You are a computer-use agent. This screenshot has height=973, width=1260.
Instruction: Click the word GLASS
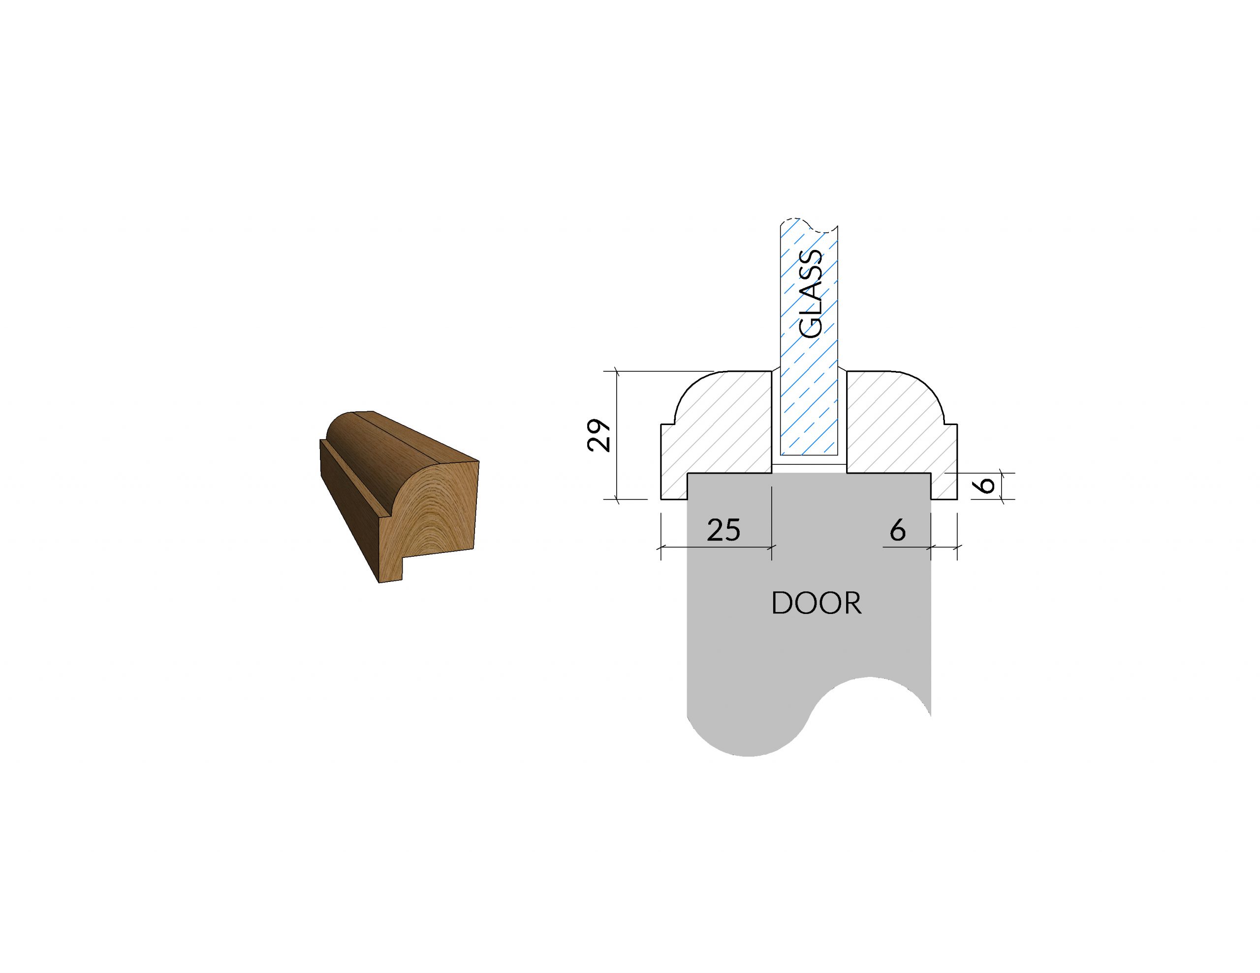(x=811, y=294)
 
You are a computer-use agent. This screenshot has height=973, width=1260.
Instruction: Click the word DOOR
(x=817, y=603)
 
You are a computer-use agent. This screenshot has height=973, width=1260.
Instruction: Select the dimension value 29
(x=599, y=435)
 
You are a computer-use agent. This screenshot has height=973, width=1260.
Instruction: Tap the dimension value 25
(x=724, y=529)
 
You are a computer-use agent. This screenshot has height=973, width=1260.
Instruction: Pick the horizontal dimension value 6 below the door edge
(x=898, y=529)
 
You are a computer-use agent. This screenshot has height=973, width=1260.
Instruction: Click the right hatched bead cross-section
(x=900, y=438)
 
